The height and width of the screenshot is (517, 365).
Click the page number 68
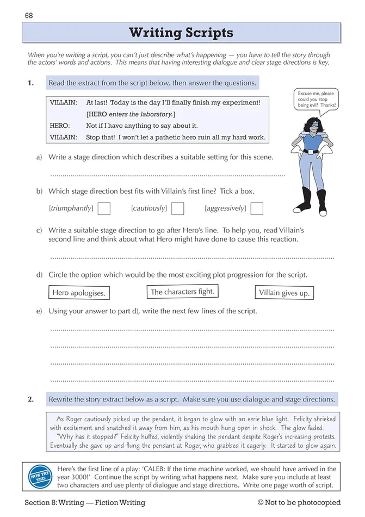tap(29, 15)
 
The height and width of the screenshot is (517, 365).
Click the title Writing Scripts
tap(181, 33)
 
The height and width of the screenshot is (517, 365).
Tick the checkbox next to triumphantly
tap(103, 208)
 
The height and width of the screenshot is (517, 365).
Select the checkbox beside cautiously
tap(177, 208)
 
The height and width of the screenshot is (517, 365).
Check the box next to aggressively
tap(257, 208)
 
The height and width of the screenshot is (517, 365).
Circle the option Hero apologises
tap(79, 293)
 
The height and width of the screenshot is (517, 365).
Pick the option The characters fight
tap(182, 292)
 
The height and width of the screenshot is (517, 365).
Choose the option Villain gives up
tap(284, 293)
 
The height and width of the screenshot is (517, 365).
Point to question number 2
tap(31, 399)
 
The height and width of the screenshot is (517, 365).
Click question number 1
tap(31, 83)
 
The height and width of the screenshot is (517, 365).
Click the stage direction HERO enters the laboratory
tap(131, 114)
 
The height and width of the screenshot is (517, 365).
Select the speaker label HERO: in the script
tap(60, 125)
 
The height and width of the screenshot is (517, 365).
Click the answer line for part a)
tap(167, 175)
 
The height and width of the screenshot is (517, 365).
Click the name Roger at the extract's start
tap(77, 419)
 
